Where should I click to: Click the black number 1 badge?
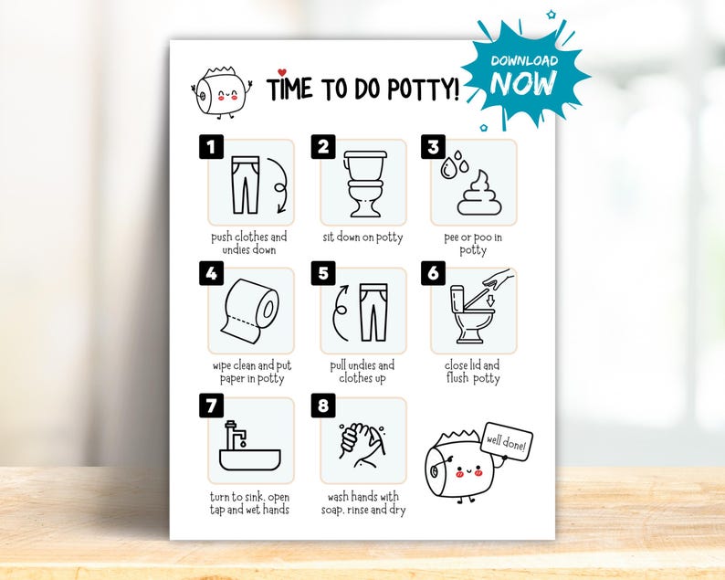pos(211,146)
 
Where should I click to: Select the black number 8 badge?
pos(322,405)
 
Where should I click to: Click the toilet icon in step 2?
pos(362,184)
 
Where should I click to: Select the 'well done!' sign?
pos(505,443)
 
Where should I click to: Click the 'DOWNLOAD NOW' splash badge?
pos(522,73)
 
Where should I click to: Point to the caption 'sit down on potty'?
pos(362,237)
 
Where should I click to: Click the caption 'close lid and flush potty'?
pos(473,372)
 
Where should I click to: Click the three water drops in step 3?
pos(452,163)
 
